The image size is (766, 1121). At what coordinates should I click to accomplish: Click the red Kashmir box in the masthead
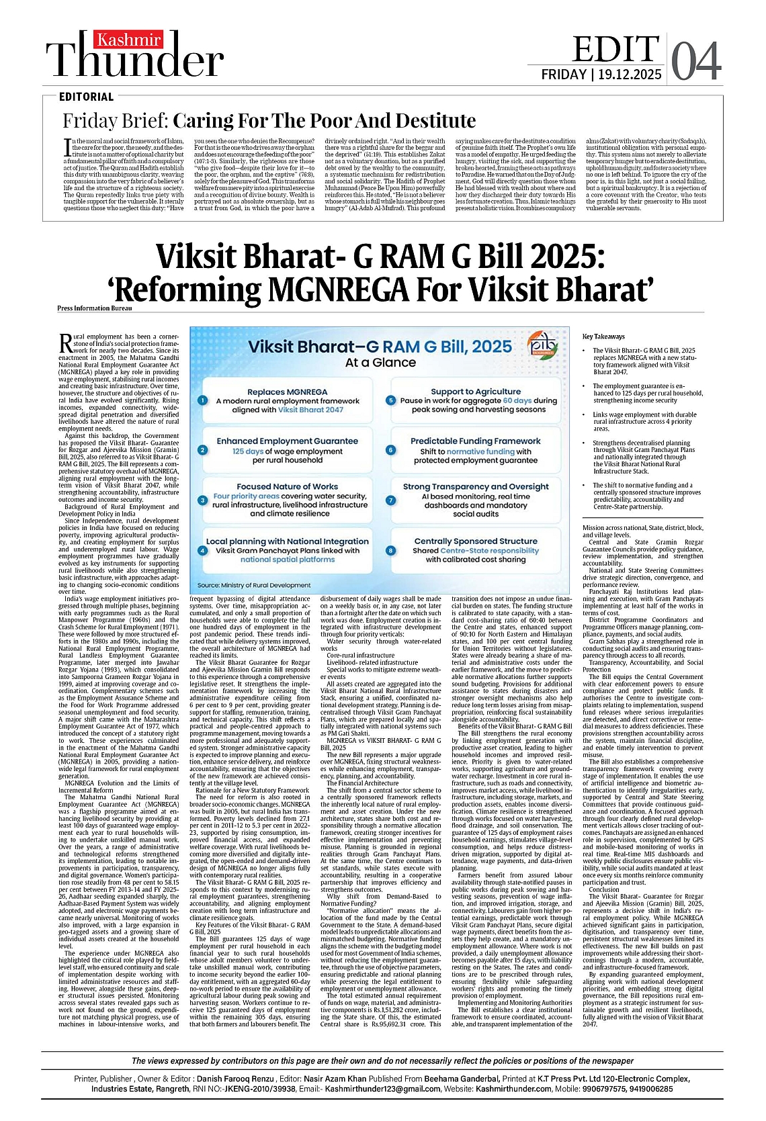128,40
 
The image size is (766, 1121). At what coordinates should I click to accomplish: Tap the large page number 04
696,62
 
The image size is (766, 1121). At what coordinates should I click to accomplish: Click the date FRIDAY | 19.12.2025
601,75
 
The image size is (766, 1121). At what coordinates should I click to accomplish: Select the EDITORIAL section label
86,97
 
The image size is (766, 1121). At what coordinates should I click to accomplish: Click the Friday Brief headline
269,121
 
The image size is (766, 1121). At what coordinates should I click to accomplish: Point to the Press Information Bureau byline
95,308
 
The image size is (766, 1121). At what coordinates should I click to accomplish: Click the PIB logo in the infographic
542,343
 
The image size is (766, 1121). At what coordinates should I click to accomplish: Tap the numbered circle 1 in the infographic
202,400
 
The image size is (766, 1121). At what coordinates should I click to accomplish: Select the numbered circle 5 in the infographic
390,400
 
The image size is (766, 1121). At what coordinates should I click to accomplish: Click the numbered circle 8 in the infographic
390,551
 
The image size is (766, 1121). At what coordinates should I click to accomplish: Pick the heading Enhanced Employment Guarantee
287,441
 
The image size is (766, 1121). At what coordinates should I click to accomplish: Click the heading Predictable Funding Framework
476,441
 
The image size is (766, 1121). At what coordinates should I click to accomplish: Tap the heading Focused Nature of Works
287,486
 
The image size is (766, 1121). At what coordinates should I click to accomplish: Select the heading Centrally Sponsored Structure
476,541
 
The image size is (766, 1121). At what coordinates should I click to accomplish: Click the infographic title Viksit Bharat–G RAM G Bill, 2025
380,347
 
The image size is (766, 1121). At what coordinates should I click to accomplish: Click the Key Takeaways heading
603,337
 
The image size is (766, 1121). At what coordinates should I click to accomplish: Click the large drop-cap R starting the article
65,343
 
